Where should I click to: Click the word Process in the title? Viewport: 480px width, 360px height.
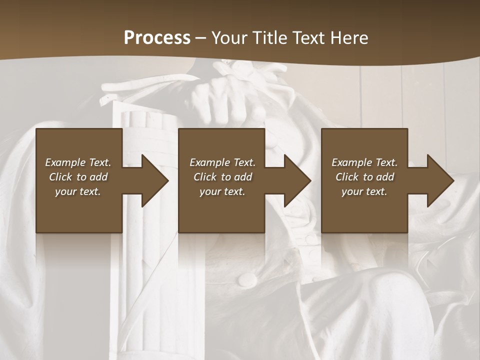coord(157,37)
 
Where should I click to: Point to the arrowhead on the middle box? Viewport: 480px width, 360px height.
coord(296,180)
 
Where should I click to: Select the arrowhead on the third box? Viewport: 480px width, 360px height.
coord(439,180)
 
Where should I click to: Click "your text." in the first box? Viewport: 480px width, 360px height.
coord(78,191)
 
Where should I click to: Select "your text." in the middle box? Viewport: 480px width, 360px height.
coord(222,191)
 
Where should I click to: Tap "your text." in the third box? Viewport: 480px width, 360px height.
coord(364,191)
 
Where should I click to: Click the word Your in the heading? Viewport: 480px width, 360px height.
coord(228,37)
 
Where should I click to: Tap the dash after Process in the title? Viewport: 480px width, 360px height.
coord(200,38)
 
